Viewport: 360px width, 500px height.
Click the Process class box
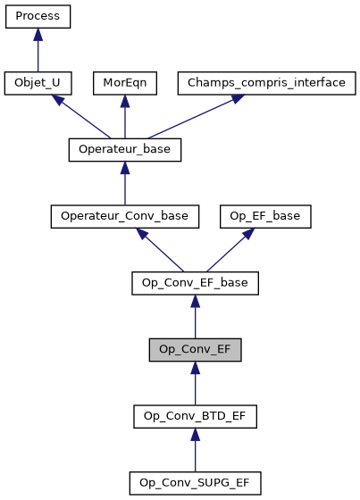pos(38,16)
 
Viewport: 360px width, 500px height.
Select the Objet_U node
pos(38,83)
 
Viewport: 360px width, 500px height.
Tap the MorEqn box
pos(125,83)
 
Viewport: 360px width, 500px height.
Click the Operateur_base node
pos(125,150)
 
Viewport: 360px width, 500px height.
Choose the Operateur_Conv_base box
pos(125,217)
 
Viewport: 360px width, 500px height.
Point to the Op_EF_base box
pos(266,217)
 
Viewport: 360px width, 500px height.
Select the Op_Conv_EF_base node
pos(195,284)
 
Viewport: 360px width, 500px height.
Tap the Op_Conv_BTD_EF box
pos(195,417)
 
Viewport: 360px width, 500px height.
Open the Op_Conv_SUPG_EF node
pos(195,484)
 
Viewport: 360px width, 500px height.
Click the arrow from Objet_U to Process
pos(38,50)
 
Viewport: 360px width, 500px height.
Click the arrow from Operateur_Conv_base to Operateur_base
pos(125,184)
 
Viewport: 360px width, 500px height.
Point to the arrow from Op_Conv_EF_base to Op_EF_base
pos(231,250)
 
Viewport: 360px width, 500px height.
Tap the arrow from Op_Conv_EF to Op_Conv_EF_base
pos(195,318)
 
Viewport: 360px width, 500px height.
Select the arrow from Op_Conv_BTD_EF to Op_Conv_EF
pos(195,384)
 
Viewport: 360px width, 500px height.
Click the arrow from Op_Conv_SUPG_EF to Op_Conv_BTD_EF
pos(195,451)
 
